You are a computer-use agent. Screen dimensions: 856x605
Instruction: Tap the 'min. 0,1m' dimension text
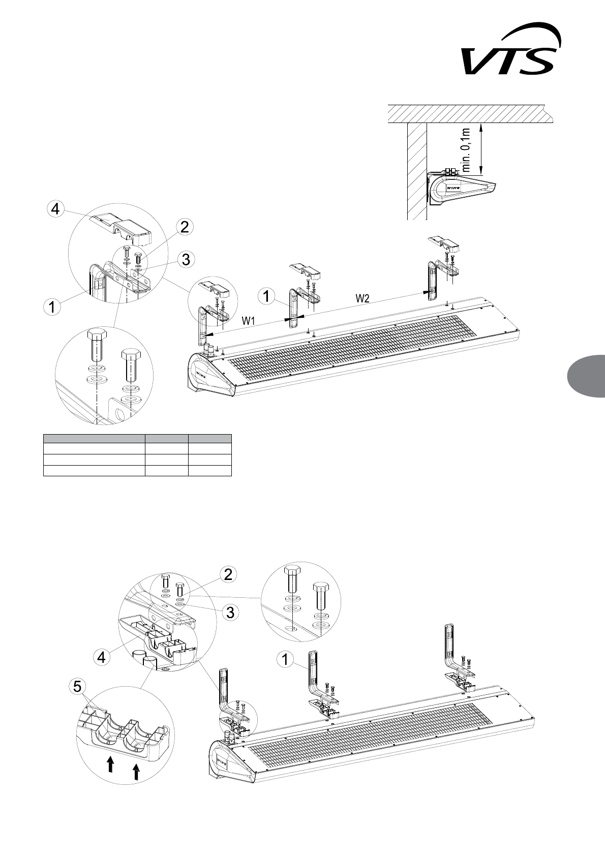(471, 150)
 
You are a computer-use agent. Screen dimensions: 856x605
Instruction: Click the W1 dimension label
(248, 321)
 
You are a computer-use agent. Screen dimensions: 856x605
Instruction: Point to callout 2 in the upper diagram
(185, 227)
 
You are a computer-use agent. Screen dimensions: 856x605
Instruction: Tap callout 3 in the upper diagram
(186, 259)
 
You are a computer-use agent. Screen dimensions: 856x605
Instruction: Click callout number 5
(77, 687)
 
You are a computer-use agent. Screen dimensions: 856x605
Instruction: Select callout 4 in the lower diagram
(102, 657)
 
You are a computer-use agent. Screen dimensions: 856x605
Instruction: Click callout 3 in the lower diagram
(230, 613)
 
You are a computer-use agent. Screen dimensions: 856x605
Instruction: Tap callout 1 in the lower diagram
(286, 659)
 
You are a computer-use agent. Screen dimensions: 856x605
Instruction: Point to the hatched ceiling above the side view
(468, 113)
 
